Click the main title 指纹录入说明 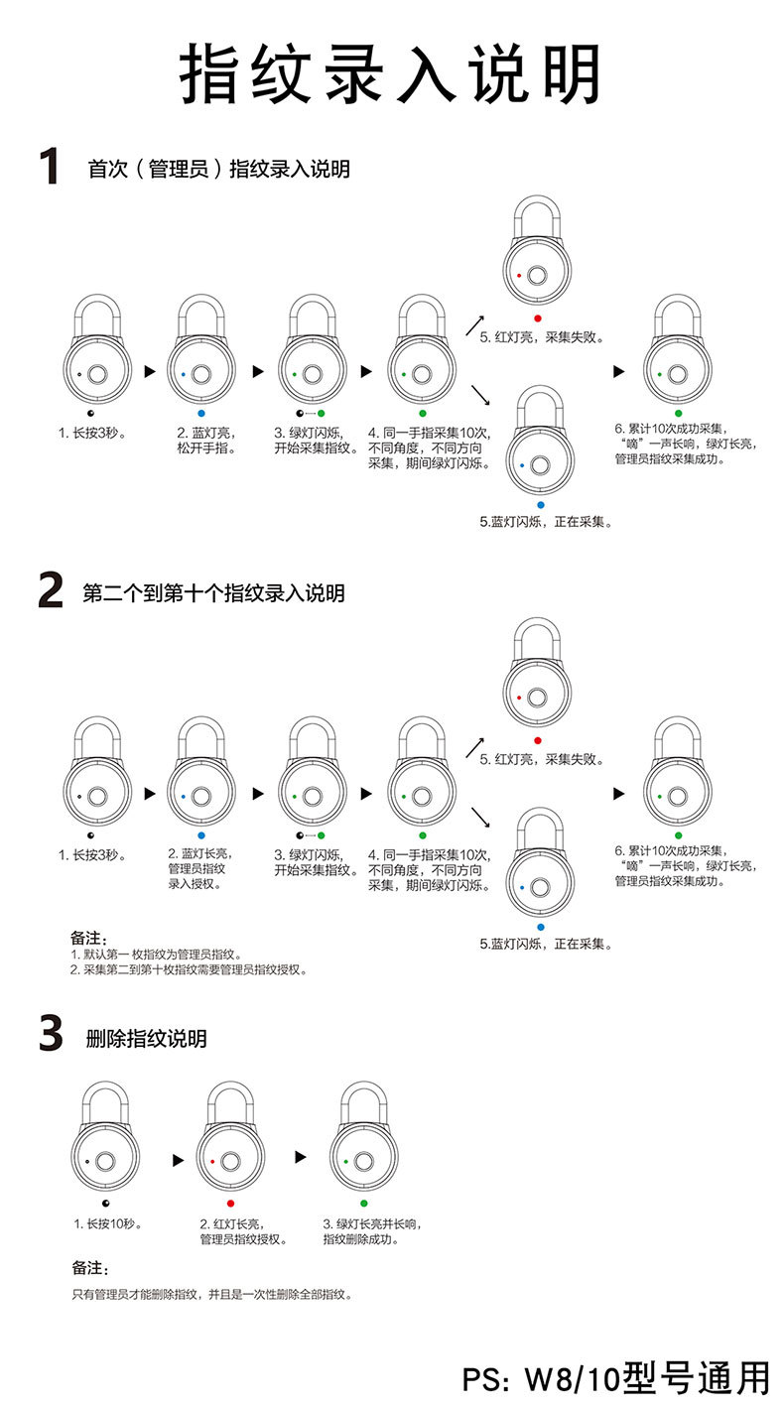click(x=391, y=74)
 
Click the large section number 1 click(x=48, y=167)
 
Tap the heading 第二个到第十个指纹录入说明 click(x=213, y=593)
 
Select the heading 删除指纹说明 click(x=146, y=1039)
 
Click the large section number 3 click(x=51, y=1034)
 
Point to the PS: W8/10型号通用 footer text click(x=615, y=1378)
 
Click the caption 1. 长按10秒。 click(x=109, y=1223)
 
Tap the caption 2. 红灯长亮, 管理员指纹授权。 click(x=244, y=1231)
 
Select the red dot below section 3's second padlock click(x=230, y=1203)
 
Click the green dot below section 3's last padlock click(x=364, y=1203)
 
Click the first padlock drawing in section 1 click(x=97, y=350)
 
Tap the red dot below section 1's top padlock click(x=537, y=319)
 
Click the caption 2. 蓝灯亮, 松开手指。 click(x=203, y=441)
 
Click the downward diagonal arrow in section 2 click(x=481, y=817)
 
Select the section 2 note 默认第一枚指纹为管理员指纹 click(x=157, y=954)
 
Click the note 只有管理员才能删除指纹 click(x=211, y=1294)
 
